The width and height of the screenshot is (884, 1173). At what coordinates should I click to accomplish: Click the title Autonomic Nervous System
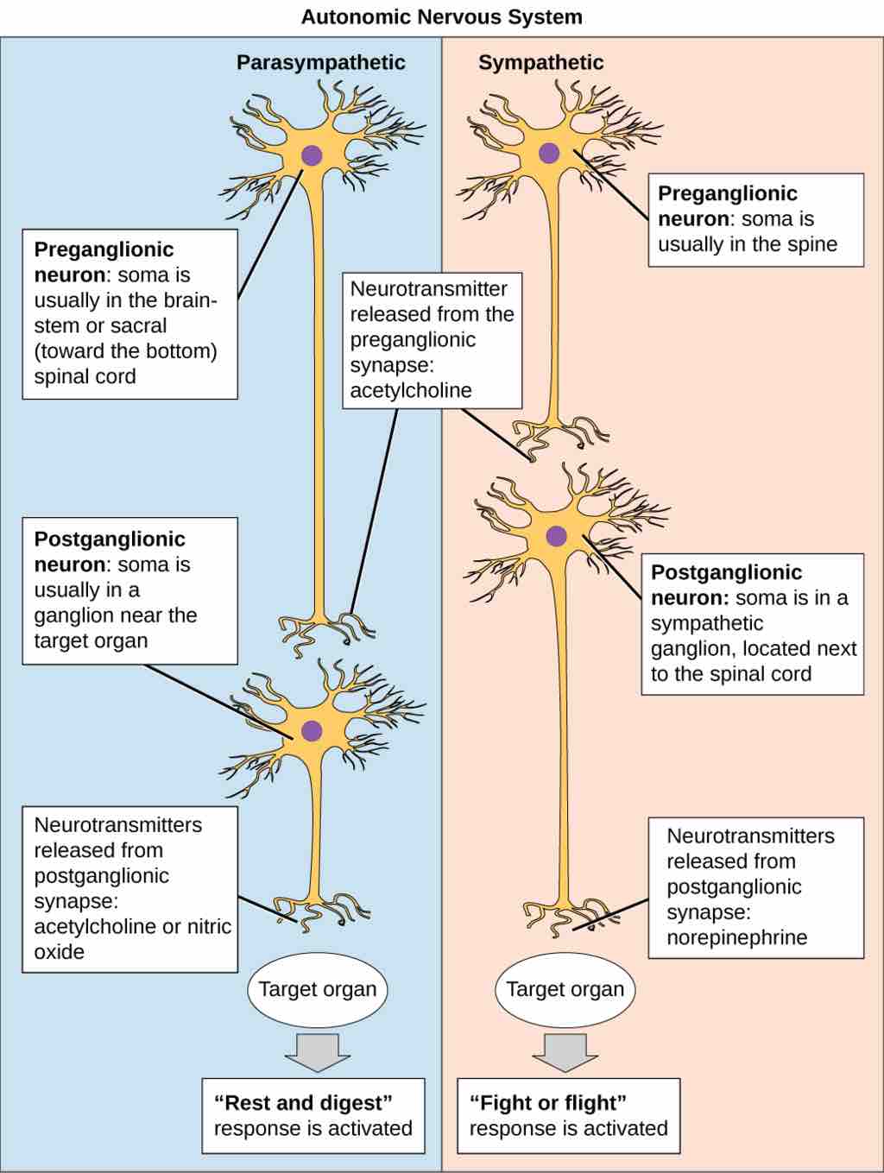[x=441, y=16]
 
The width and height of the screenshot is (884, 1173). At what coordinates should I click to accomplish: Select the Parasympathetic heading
[x=320, y=62]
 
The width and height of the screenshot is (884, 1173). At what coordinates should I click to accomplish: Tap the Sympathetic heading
[x=540, y=62]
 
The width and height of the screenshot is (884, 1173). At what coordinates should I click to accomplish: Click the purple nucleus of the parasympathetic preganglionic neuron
[x=311, y=156]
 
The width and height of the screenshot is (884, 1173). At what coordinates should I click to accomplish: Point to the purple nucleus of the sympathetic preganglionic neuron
[x=549, y=155]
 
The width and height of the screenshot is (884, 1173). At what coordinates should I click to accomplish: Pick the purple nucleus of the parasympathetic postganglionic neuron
[x=311, y=731]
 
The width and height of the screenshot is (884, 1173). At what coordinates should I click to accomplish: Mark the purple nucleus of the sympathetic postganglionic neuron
[x=557, y=536]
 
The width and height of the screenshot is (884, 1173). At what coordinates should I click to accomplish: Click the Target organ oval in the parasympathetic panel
[x=317, y=989]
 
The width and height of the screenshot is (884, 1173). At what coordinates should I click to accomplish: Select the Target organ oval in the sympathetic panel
[x=565, y=989]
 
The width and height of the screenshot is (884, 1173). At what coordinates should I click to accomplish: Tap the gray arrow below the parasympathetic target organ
[x=317, y=1050]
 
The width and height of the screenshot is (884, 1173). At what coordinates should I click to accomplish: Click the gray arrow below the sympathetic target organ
[x=565, y=1050]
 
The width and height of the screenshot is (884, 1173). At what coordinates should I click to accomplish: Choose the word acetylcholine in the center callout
[x=411, y=390]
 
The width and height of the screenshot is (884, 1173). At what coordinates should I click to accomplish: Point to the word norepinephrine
[x=736, y=937]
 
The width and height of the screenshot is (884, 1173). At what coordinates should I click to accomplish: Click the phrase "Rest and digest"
[x=303, y=1103]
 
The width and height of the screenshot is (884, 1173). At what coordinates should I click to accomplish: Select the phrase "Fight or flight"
[x=547, y=1103]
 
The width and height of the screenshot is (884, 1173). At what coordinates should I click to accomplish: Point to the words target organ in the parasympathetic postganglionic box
[x=91, y=640]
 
